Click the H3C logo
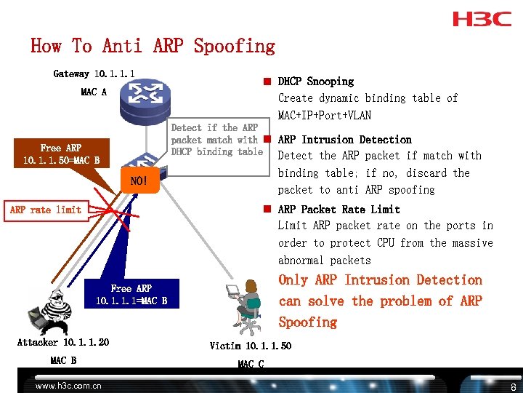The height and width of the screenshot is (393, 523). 482,19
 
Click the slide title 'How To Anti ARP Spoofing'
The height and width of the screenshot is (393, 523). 153,47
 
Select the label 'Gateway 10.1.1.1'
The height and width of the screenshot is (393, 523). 94,74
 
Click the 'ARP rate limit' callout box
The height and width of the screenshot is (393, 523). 46,210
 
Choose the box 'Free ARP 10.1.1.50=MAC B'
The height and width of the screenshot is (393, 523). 61,154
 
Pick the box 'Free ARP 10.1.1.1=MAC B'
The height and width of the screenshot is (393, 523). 131,294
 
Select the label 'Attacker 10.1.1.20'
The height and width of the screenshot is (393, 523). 63,342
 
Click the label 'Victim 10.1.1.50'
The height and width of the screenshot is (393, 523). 251,346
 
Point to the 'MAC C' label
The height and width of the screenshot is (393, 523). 251,363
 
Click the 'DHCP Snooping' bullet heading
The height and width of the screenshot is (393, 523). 316,82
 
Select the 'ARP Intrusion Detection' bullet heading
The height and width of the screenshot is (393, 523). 345,140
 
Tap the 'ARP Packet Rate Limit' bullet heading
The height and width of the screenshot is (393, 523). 339,210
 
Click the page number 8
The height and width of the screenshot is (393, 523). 513,386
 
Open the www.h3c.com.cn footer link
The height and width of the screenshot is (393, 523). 68,386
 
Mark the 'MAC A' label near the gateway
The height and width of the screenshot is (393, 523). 94,92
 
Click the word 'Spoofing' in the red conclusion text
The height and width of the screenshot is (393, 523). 308,322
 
